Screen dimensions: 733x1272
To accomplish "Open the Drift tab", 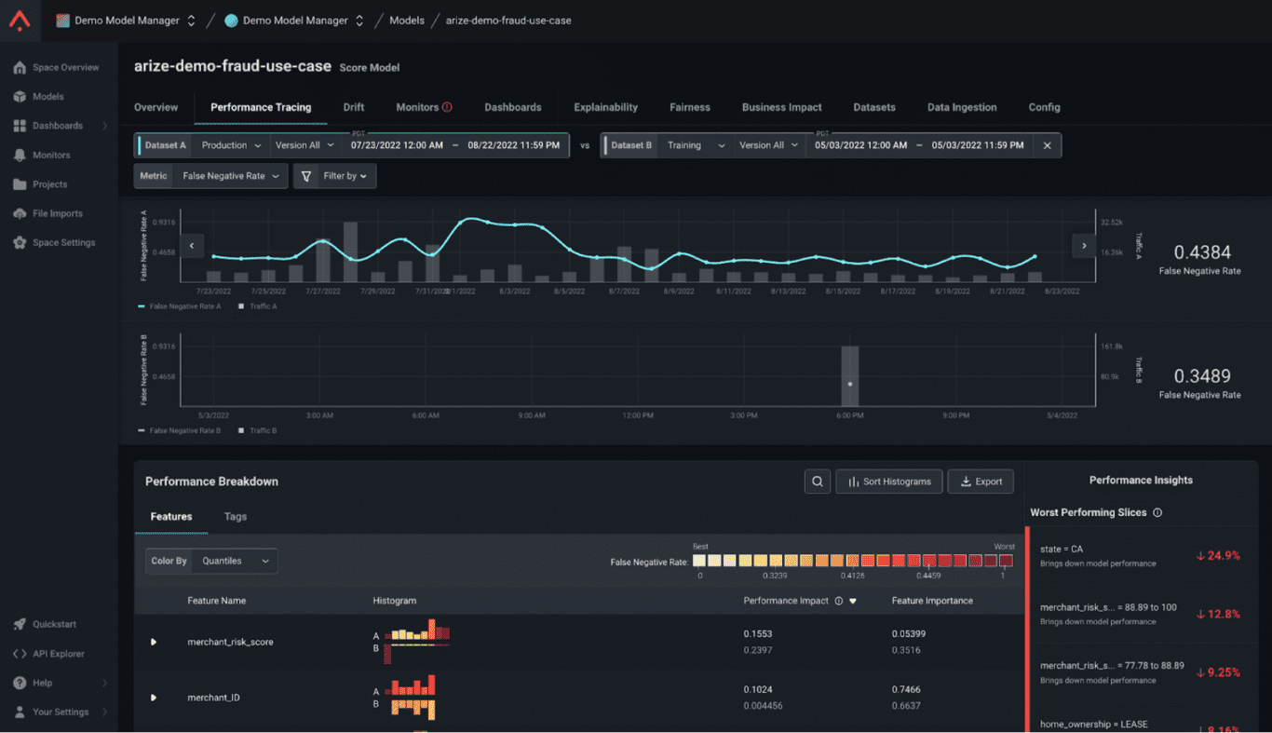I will [x=353, y=107].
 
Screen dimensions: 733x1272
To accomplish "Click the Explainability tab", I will [x=605, y=107].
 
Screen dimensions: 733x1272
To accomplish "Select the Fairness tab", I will [x=689, y=107].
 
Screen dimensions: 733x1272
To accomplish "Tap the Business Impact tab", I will [x=781, y=107].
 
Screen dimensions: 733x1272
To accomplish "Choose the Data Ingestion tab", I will [x=961, y=107].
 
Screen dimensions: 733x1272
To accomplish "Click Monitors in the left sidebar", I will [x=51, y=156].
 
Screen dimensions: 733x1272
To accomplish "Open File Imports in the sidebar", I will [x=57, y=213].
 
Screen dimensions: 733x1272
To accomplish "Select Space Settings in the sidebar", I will [x=63, y=243].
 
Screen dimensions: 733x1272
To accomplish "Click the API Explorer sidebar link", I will [x=59, y=654].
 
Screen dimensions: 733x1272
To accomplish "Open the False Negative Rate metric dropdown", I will [x=230, y=176].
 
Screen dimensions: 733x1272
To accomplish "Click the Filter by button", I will [x=335, y=176].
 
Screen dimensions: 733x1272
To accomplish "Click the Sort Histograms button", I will [x=888, y=482].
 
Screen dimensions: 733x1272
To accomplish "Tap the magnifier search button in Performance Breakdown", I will [x=817, y=482].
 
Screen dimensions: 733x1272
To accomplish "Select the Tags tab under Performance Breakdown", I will [x=235, y=516].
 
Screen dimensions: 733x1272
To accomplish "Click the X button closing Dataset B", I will [x=1047, y=145].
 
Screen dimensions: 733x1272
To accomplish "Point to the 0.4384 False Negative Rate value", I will [x=1201, y=252].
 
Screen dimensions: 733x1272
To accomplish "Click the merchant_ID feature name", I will [x=213, y=698].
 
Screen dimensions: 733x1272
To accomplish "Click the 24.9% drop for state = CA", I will [x=1218, y=556].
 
